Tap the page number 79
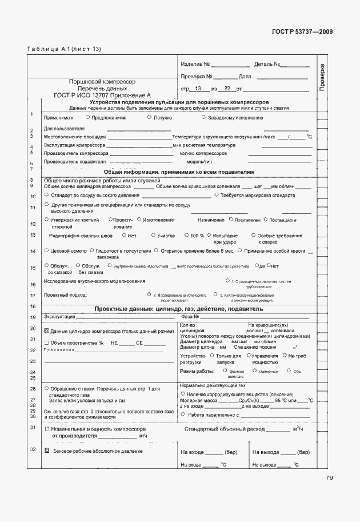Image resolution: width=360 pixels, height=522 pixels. pyautogui.click(x=330, y=478)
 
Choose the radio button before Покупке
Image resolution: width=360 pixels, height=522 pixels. pyautogui.click(x=150, y=117)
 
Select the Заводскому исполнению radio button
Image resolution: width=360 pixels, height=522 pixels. pyautogui.click(x=203, y=117)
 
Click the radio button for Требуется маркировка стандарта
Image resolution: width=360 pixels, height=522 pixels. pyautogui.click(x=216, y=195)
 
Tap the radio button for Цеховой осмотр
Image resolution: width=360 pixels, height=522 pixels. pyautogui.click(x=46, y=250)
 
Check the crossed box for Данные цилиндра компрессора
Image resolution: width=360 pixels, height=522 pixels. pyautogui.click(x=47, y=331)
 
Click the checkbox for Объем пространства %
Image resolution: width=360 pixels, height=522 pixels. pyautogui.click(x=47, y=342)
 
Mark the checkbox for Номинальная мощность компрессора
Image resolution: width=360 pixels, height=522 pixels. pyautogui.click(x=47, y=428)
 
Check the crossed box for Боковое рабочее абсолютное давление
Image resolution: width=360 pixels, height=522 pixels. pyautogui.click(x=47, y=451)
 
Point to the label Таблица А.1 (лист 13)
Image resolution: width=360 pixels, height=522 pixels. pyautogui.click(x=63, y=49)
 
